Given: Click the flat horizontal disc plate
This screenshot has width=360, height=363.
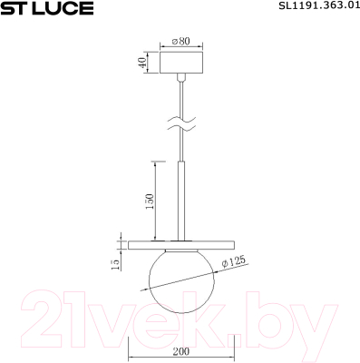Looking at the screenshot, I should coord(145,242).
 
